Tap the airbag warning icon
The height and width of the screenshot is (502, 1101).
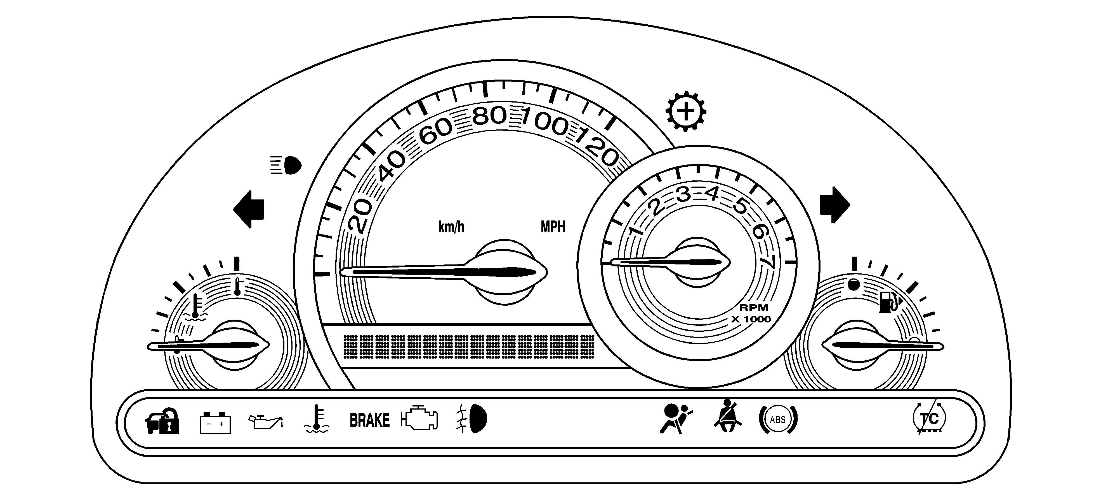coord(675,419)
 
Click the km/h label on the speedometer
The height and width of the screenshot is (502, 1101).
coord(451,227)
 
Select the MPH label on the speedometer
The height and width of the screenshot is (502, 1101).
coord(553,227)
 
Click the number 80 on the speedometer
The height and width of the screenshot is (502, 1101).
coord(489,115)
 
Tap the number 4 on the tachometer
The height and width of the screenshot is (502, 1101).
coord(712,195)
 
